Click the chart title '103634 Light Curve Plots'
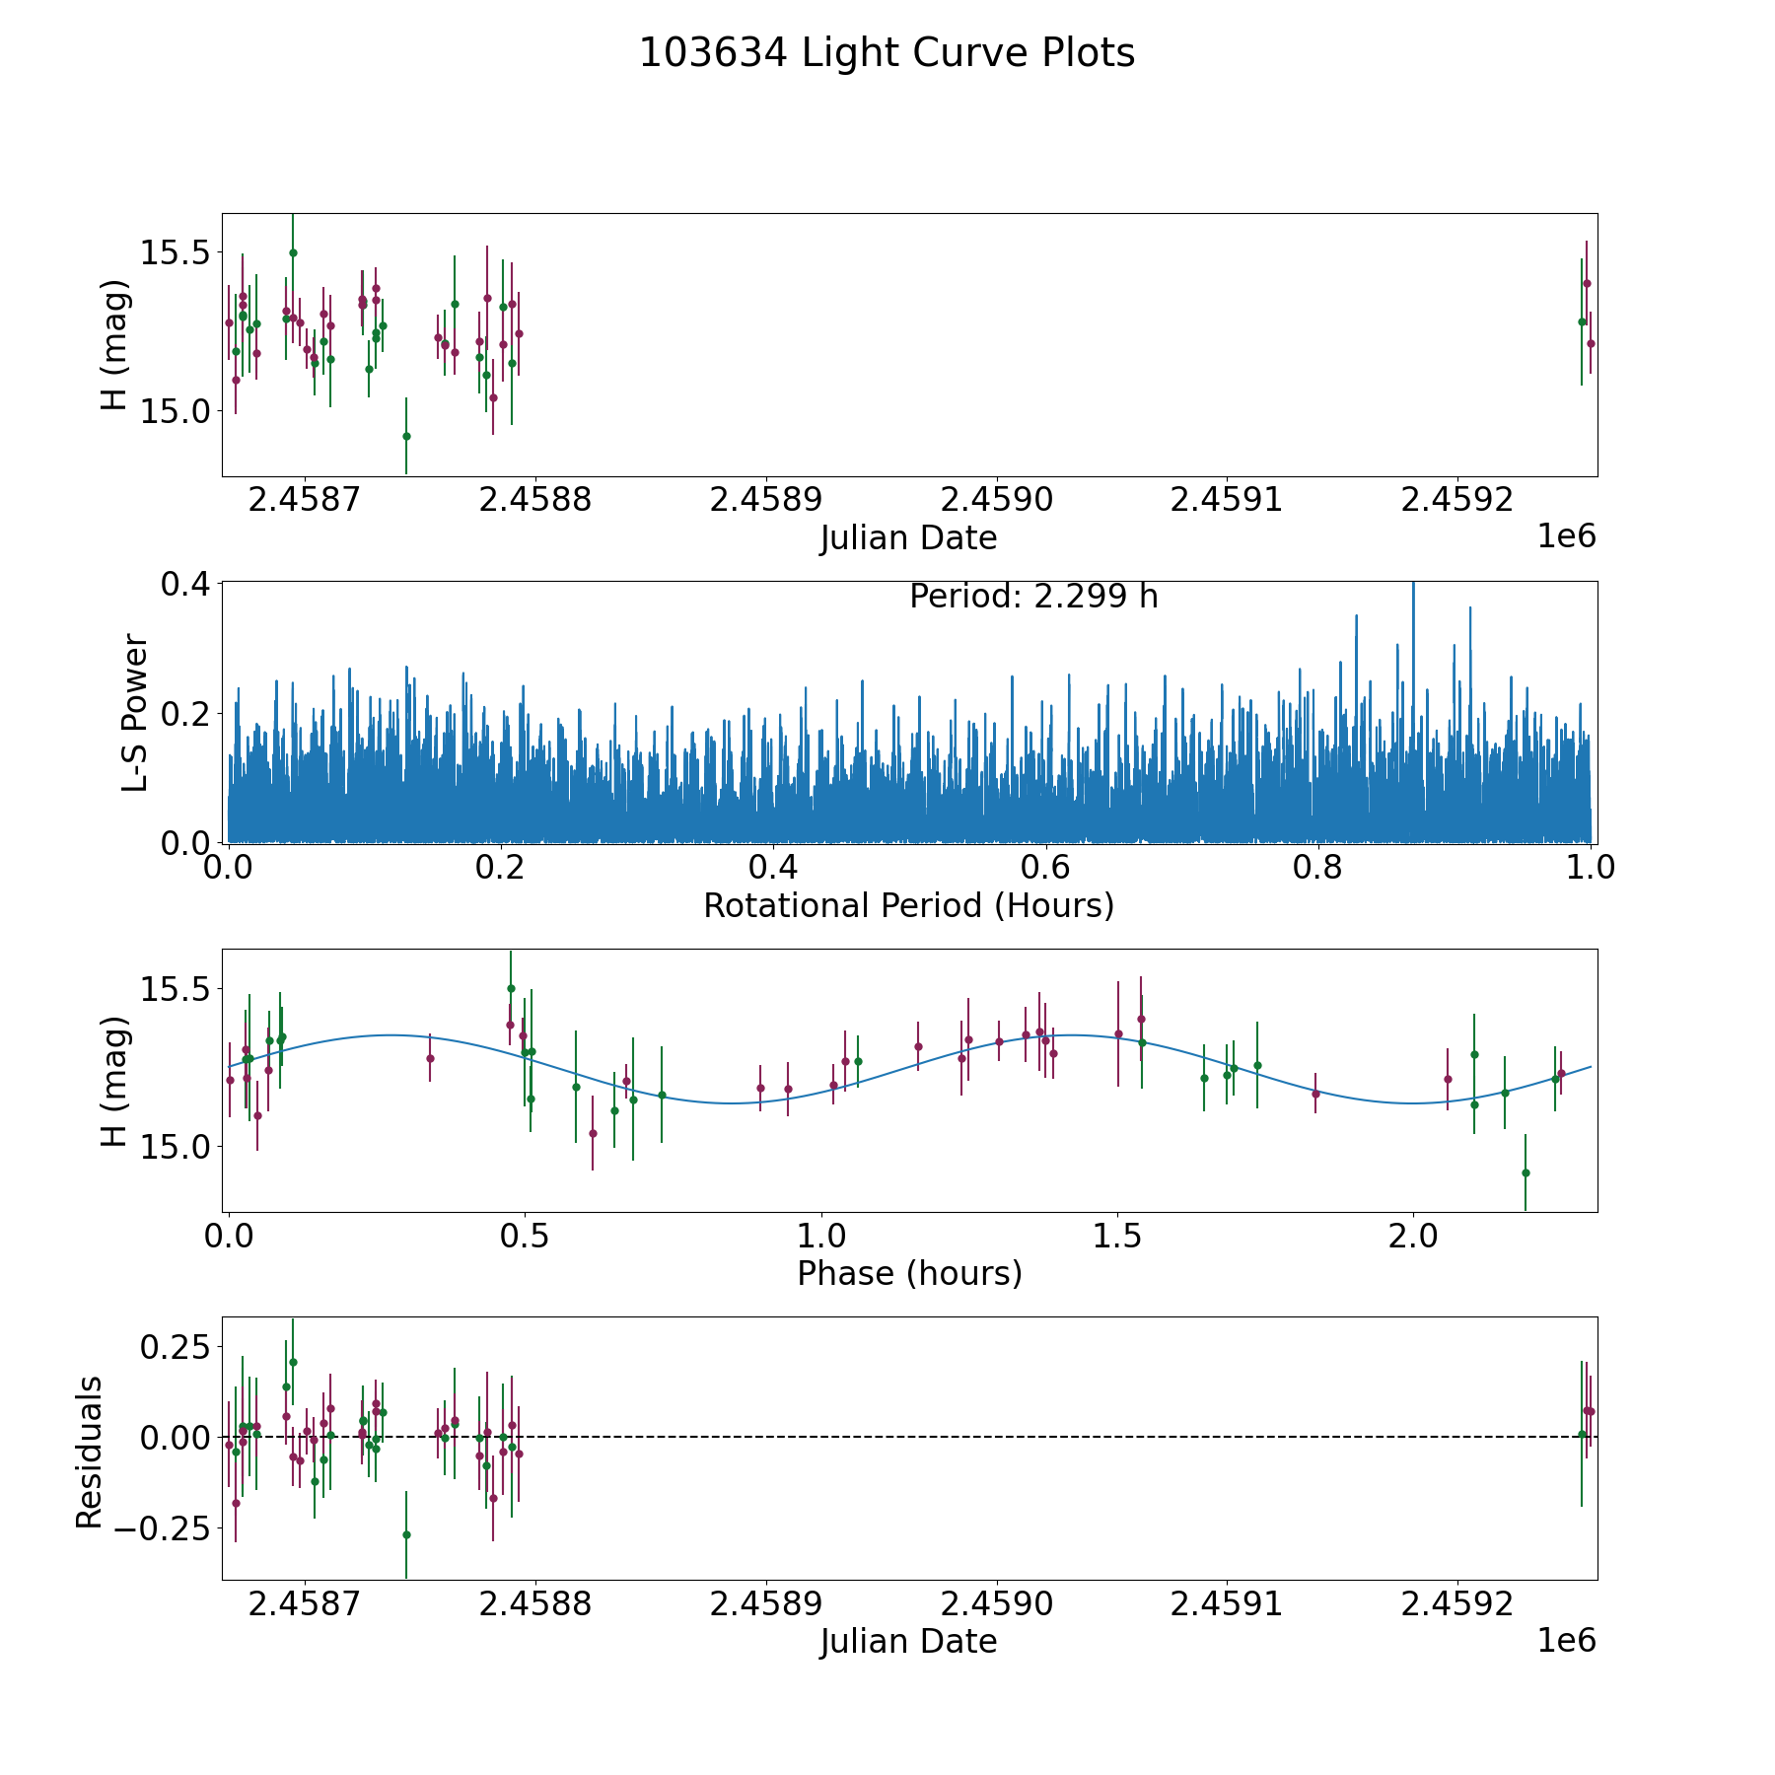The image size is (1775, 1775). pos(887,53)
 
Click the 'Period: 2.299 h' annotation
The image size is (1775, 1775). pos(1032,597)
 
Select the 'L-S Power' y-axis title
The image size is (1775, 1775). pos(135,712)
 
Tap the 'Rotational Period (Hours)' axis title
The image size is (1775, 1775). pos(908,905)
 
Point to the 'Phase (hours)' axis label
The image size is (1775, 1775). pos(908,1273)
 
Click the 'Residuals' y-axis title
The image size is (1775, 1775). pos(90,1452)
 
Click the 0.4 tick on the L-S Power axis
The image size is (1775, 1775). pos(185,583)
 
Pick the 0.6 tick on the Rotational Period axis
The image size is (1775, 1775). pos(1045,868)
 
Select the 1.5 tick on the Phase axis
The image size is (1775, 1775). pos(1117,1236)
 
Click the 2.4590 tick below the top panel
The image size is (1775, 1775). pos(997,500)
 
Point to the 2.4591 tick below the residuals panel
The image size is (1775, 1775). pos(1227,1603)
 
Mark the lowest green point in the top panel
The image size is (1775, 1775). pos(406,436)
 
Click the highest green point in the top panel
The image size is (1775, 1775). pos(293,252)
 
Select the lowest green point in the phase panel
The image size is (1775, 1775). pos(1526,1172)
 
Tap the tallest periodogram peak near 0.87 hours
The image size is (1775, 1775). pos(1413,585)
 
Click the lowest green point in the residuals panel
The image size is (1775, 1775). pos(406,1534)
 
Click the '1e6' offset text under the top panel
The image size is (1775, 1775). pos(1566,536)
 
